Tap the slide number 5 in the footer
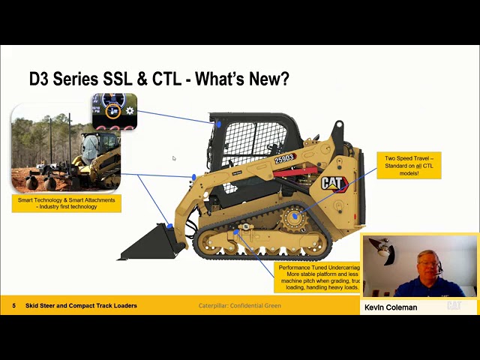13,306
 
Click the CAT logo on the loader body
334,183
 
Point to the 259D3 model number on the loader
285,159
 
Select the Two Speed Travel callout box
409,165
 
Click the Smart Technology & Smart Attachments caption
67,202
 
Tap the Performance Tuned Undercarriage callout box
318,277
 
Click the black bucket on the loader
150,242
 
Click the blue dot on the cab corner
218,124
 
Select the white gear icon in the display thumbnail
130,111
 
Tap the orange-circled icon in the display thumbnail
113,111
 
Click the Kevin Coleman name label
391,307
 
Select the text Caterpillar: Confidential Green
240,306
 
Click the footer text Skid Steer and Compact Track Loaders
81,306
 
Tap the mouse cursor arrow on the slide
174,158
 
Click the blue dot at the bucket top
170,226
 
